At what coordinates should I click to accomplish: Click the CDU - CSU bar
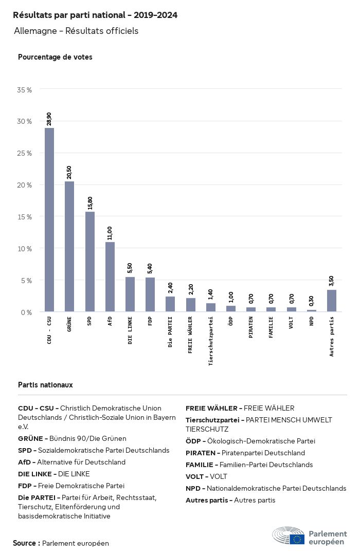pos(49,220)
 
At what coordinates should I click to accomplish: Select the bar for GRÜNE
pos(69,247)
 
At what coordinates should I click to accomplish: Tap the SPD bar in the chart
pos(89,262)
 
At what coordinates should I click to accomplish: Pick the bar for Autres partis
pos(332,301)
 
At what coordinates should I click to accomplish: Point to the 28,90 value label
pos(49,119)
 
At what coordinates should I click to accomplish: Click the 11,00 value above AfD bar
pos(110,233)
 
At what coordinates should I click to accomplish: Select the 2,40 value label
pos(170,288)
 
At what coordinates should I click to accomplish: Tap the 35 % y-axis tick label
pos(25,90)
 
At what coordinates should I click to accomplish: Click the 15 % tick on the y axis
pos(25,217)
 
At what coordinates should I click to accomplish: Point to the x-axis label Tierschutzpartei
pos(210,341)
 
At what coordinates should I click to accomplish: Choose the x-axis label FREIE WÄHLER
pos(190,336)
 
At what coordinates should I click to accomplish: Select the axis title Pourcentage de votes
pos(55,57)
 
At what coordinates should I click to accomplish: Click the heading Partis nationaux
pos(45,385)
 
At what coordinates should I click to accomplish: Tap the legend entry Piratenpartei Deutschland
pos(245,453)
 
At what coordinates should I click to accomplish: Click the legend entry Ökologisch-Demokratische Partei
pos(250,441)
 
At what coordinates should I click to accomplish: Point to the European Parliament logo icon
pos(289,535)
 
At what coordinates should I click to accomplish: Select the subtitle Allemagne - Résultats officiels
pos(76,31)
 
